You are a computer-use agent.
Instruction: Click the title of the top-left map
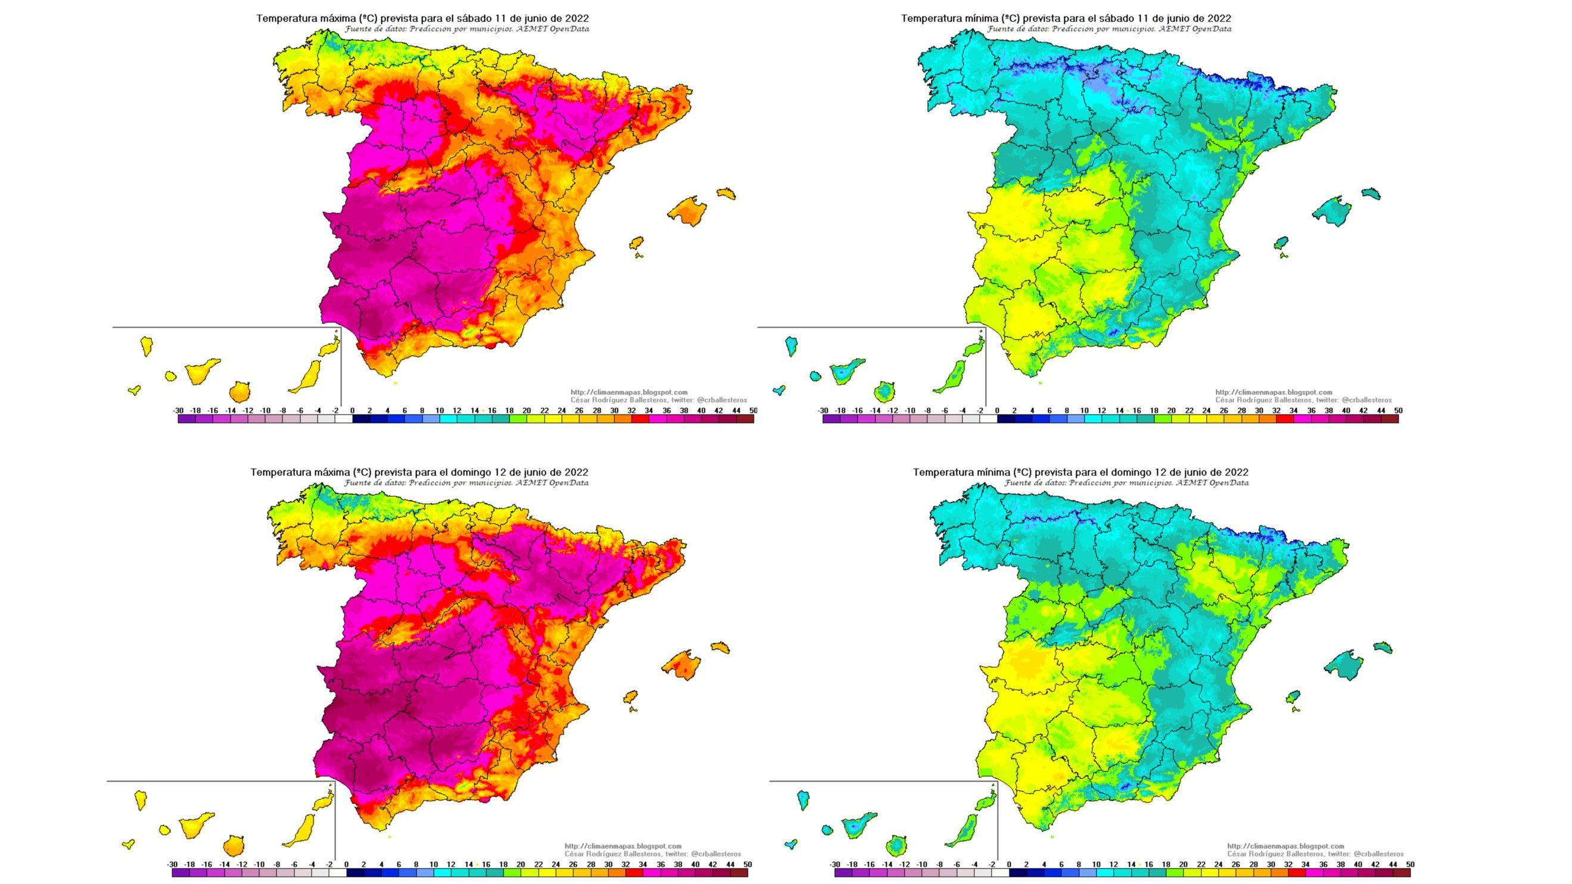click(x=422, y=18)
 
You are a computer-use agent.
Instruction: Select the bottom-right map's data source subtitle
click(x=1126, y=483)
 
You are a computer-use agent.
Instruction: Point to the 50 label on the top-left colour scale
click(x=753, y=410)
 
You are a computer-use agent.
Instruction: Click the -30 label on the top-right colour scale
click(x=822, y=410)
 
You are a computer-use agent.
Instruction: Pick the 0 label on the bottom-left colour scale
click(x=347, y=864)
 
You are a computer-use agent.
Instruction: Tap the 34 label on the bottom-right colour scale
click(x=1305, y=864)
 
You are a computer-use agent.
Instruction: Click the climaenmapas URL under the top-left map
click(x=629, y=393)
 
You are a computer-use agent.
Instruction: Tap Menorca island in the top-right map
click(x=1371, y=194)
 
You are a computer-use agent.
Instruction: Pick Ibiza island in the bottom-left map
click(x=630, y=698)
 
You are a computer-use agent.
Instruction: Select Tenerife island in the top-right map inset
click(x=846, y=370)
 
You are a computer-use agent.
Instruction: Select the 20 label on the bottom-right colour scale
click(x=1183, y=864)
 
